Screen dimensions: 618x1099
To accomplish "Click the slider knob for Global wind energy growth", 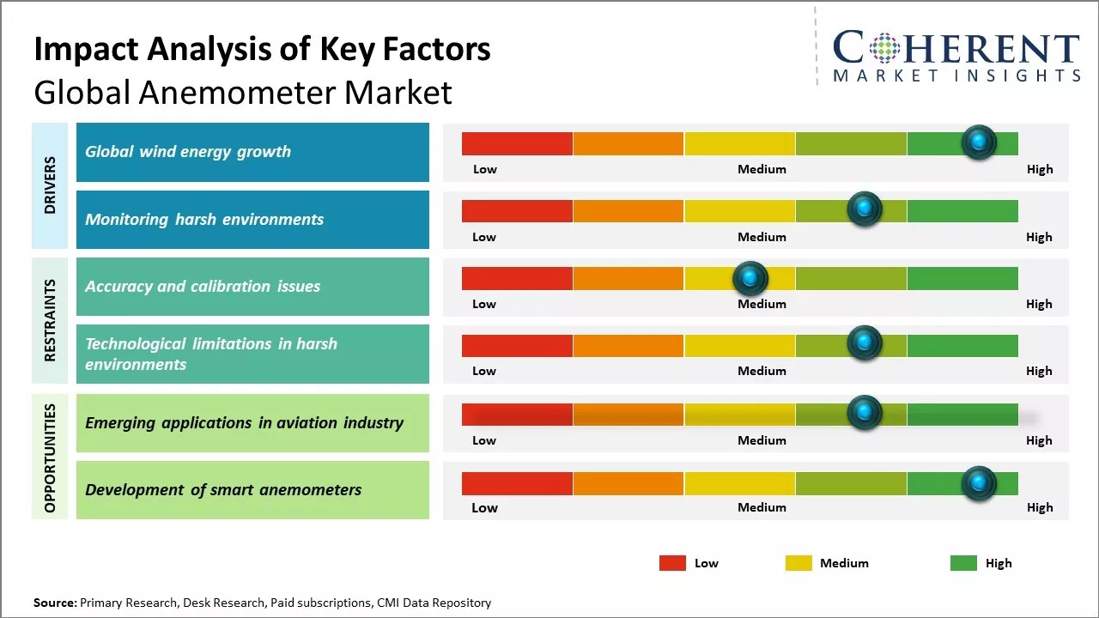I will pos(979,142).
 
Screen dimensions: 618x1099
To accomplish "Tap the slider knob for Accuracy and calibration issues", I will pos(750,278).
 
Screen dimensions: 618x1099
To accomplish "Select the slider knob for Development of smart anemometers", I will pos(979,483).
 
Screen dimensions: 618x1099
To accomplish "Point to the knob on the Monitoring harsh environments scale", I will pos(865,209).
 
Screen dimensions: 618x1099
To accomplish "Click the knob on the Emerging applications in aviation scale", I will pos(865,413).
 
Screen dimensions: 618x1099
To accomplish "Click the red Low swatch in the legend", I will pos(672,563).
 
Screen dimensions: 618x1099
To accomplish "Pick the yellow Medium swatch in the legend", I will pos(798,563).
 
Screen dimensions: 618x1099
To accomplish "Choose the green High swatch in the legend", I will pos(963,563).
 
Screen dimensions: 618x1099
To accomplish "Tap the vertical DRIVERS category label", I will pos(50,185).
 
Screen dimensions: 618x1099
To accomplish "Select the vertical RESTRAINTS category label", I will pos(50,320).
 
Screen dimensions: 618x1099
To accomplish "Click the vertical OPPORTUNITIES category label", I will pos(50,457).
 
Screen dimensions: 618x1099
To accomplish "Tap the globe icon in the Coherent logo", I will pos(886,47).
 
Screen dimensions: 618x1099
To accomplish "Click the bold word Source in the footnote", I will pos(55,603).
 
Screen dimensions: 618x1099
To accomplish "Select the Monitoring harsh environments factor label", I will pos(204,219).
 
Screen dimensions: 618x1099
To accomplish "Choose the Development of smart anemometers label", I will pos(223,490).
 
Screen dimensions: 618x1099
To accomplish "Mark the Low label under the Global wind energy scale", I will pos(485,169).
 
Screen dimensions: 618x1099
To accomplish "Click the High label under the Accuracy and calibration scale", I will pos(1039,304).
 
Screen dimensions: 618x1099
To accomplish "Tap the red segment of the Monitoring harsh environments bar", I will pos(517,210).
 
